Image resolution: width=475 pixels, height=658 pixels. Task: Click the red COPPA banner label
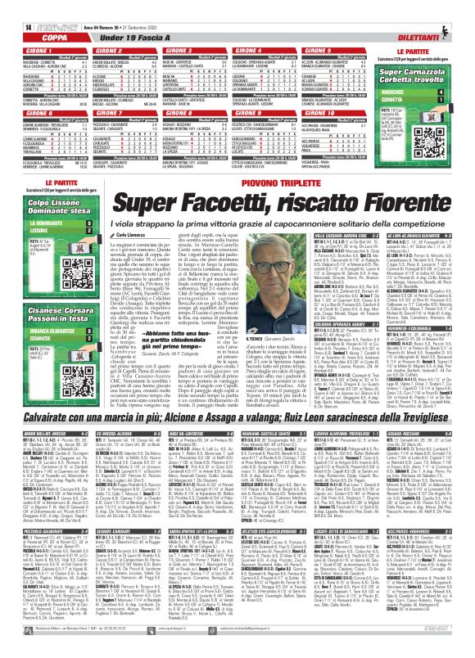[x=32, y=37]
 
